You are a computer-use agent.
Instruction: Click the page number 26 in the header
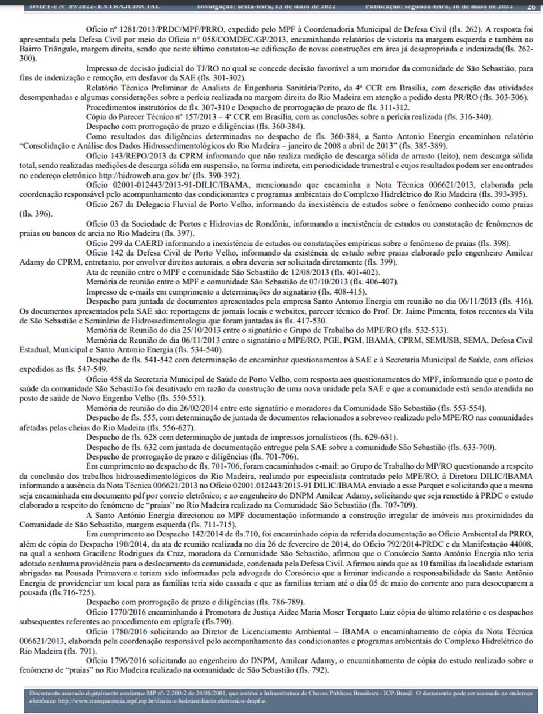531,7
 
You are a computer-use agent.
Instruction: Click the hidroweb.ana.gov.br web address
149,176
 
